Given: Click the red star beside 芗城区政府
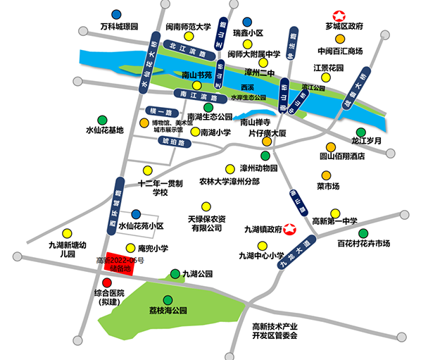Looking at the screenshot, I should (x=339, y=15).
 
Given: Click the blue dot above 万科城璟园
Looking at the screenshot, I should (x=115, y=14).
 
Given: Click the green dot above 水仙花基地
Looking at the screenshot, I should (x=103, y=119).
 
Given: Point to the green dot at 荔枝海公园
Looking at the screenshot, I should (x=168, y=299).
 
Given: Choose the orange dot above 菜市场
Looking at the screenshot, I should (x=327, y=175).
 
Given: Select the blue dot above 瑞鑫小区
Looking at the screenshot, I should (x=246, y=22).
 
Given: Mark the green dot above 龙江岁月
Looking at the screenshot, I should (x=360, y=131).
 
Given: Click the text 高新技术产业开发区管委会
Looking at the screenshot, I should (x=275, y=330).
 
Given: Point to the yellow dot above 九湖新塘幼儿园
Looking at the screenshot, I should (x=67, y=232).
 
